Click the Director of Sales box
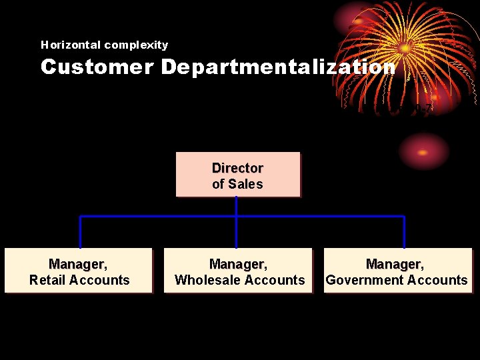click(x=237, y=175)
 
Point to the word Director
click(x=237, y=168)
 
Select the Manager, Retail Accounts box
click(x=79, y=271)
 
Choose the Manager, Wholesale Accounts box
click(x=239, y=271)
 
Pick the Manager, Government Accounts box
click(x=397, y=271)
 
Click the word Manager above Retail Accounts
click(x=77, y=265)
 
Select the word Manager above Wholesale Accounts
click(x=238, y=265)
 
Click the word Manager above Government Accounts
click(x=395, y=265)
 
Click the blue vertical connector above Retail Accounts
click(x=80, y=232)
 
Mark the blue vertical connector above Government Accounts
click(x=404, y=232)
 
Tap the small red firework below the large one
click(x=424, y=151)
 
